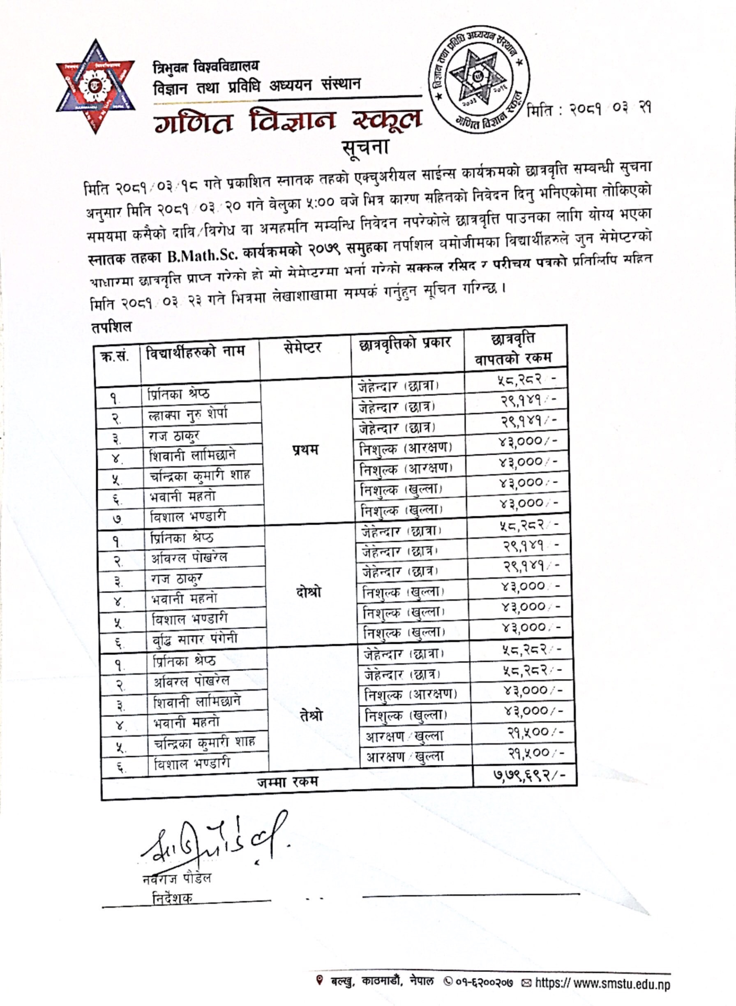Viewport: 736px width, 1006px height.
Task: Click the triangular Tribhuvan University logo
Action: tap(95, 86)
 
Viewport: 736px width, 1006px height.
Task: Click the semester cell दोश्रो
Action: tap(308, 592)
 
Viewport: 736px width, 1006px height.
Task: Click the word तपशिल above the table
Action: tap(111, 327)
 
